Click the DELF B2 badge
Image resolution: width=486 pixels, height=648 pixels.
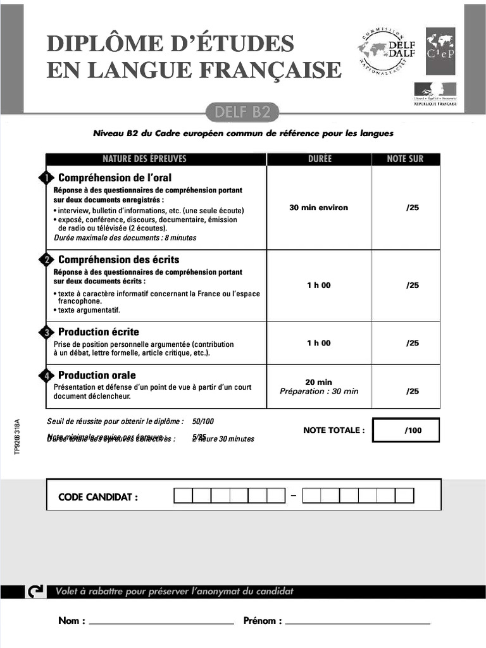pos(242,113)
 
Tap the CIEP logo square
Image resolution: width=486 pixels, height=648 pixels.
pos(440,51)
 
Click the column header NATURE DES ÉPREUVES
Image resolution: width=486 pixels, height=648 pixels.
pos(144,159)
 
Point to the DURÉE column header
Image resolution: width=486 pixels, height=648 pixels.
pos(319,159)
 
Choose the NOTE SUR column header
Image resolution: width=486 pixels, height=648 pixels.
pos(405,159)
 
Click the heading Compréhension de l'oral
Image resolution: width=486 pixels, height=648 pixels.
pos(115,178)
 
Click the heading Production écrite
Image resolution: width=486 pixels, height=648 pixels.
pos(98,332)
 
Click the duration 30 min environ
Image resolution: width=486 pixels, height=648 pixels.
pos(318,208)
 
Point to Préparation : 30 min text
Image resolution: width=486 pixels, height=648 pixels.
pos(319,391)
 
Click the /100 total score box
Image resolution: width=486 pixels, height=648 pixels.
pos(406,431)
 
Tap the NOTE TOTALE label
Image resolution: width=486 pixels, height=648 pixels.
pos(333,430)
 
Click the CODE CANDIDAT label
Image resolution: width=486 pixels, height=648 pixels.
pos(97,497)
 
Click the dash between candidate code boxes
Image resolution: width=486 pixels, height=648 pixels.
pos(294,495)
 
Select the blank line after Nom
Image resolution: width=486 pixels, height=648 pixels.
pos(161,623)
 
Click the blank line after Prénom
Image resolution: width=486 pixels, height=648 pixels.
pos(358,623)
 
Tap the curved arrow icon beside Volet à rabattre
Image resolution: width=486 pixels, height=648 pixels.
pos(36,592)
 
